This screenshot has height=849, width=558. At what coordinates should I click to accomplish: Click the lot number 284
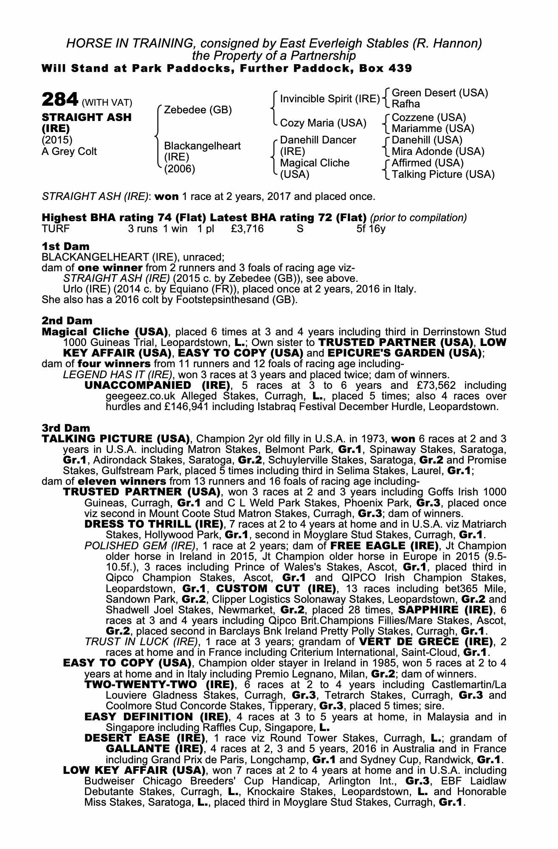coord(59,100)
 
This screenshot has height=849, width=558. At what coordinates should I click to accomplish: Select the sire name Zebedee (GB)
coord(198,110)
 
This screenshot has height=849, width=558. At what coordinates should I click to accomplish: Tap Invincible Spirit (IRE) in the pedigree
coord(330,99)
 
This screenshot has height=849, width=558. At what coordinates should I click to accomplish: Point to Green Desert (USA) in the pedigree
coord(440,93)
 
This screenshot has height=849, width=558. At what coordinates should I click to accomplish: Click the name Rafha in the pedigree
coord(406,104)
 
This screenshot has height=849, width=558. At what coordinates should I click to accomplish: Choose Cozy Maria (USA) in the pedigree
coord(323,123)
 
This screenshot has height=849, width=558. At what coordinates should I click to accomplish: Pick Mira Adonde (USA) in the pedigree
coord(438,152)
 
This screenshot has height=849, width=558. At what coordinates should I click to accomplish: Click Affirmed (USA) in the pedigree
coord(428,163)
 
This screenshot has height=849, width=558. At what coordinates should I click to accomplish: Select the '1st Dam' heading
coord(65,246)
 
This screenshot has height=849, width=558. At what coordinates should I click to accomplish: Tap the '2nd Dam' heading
coord(67,320)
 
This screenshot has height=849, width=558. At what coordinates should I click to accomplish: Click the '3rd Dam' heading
coord(66,427)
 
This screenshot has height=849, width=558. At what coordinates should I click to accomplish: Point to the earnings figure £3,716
coord(248,229)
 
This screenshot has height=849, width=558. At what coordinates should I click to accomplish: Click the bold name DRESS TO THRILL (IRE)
coord(154,524)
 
